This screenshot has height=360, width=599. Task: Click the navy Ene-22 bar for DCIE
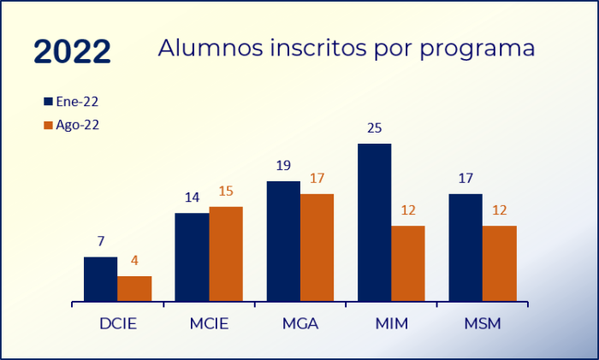100,279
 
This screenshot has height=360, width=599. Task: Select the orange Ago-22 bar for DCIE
134,288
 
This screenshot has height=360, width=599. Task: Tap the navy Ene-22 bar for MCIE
192,257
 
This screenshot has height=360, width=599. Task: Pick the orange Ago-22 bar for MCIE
226,254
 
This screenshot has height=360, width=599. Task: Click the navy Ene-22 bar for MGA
283,241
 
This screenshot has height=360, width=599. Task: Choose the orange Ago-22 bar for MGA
317,247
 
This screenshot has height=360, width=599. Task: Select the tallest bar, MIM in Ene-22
374,222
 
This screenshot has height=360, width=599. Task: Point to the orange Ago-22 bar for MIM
408,263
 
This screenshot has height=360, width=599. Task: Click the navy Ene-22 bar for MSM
466,247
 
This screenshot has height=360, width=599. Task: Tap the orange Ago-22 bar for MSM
500,263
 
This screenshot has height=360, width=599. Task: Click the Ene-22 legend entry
71,101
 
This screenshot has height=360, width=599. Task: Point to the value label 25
374,129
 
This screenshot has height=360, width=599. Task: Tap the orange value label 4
134,261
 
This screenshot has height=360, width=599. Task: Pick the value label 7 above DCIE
100,242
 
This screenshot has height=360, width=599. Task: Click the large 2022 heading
72,51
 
